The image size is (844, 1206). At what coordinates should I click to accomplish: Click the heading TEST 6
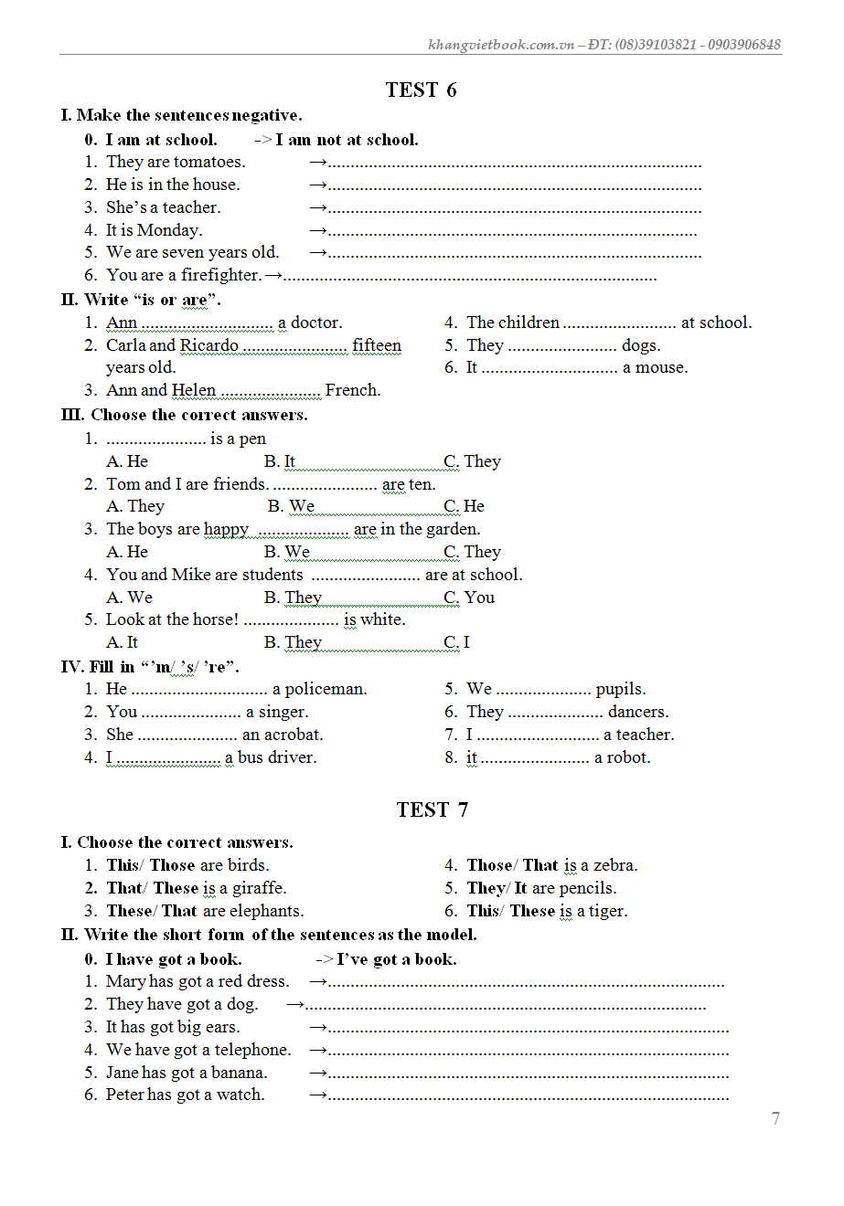pyautogui.click(x=421, y=90)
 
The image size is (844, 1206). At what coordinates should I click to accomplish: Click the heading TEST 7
pyautogui.click(x=432, y=809)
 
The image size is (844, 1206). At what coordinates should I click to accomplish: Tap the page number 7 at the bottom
pyautogui.click(x=775, y=1118)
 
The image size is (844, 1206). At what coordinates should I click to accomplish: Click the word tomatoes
pyautogui.click(x=209, y=162)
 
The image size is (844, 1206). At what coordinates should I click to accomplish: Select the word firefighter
pyautogui.click(x=220, y=275)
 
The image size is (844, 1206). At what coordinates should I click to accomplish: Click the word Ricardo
pyautogui.click(x=209, y=345)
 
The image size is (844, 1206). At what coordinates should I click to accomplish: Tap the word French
pyautogui.click(x=352, y=390)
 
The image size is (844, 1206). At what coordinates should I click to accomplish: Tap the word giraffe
pyautogui.click(x=259, y=888)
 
